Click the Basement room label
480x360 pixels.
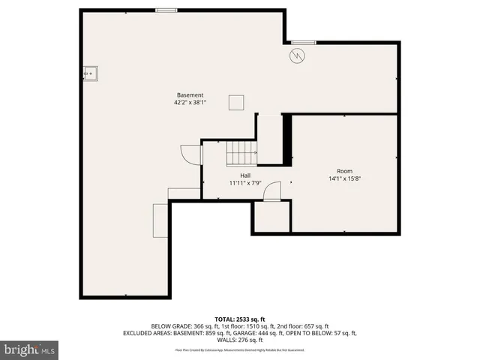[x=190, y=94]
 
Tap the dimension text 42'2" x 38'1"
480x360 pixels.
[x=190, y=103]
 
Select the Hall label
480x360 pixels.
[x=245, y=175]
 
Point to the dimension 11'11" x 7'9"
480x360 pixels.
[x=245, y=183]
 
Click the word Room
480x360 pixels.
[x=344, y=171]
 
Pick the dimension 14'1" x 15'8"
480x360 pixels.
[x=344, y=179]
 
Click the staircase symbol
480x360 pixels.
[x=241, y=154]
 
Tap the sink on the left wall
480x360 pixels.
[x=91, y=73]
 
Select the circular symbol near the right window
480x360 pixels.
[x=298, y=55]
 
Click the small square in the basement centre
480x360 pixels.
[x=236, y=102]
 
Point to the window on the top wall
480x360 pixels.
[x=166, y=10]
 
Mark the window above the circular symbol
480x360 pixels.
[x=303, y=41]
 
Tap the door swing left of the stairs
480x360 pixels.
[x=193, y=154]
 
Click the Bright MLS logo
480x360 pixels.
[x=29, y=349]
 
